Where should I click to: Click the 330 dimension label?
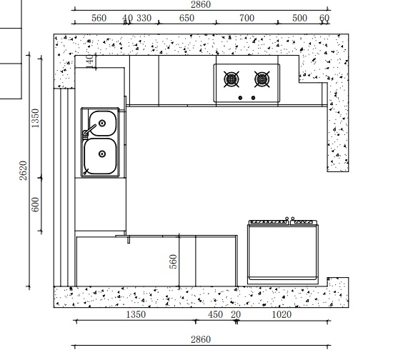(144, 18)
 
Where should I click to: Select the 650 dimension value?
(186, 18)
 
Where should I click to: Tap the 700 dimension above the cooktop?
(247, 18)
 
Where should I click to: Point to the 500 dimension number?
(299, 18)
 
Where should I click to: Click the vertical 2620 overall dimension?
(23, 171)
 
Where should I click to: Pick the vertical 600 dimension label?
(35, 204)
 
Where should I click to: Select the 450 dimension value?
(215, 314)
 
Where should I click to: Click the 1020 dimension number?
(282, 314)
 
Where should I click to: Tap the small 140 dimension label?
(90, 61)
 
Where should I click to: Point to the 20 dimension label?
(236, 314)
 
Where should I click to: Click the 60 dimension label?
(324, 18)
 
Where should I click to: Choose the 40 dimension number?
(127, 18)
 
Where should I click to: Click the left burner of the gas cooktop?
(231, 79)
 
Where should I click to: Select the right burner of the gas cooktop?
(262, 79)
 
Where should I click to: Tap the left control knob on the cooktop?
(240, 98)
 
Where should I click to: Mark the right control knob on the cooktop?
(253, 98)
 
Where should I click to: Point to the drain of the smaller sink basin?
(102, 124)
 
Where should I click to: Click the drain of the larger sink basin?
(102, 154)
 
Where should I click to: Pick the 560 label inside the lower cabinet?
(173, 261)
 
